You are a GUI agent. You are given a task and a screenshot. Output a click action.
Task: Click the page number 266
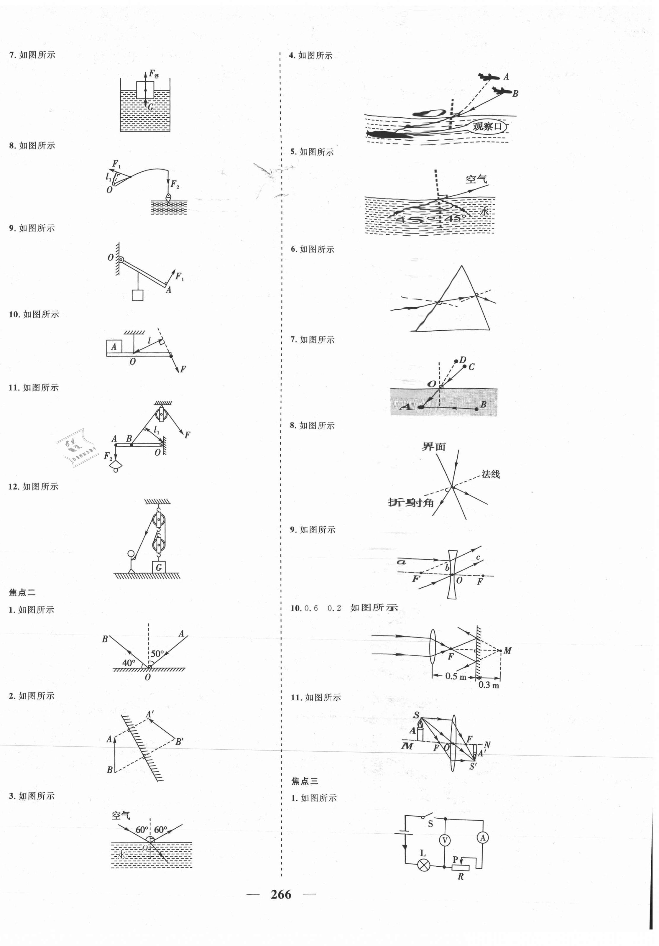(x=281, y=894)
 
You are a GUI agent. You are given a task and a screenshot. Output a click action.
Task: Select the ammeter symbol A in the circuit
(x=483, y=837)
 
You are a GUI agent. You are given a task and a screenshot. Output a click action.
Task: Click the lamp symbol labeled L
(x=424, y=865)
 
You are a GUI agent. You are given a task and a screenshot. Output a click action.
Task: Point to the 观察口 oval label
(x=487, y=126)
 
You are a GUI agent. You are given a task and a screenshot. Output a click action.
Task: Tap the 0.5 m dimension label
(x=456, y=676)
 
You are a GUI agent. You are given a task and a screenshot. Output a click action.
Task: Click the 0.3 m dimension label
(x=489, y=685)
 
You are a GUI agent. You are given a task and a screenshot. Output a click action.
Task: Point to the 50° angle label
(x=157, y=653)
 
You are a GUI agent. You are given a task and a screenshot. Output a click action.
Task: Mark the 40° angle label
(x=129, y=663)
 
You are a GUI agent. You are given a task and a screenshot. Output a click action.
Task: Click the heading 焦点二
(x=22, y=592)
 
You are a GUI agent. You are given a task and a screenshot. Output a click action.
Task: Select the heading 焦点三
(x=305, y=781)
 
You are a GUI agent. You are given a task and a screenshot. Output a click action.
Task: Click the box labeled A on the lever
(x=114, y=346)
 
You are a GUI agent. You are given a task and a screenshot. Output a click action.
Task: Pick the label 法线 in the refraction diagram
(x=491, y=474)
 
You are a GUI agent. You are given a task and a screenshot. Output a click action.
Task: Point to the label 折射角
(x=411, y=502)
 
